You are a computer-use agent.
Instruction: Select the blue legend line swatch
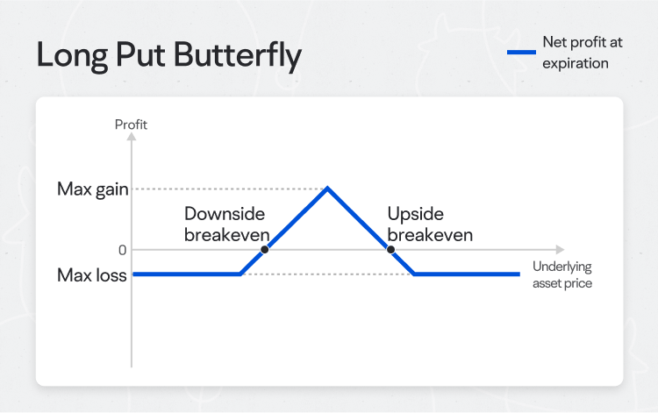522,53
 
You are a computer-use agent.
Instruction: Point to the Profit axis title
131,125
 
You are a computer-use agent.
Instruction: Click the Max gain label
92,189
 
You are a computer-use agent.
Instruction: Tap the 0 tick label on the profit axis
123,250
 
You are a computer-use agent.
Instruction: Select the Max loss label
92,275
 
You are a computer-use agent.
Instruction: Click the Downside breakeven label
224,224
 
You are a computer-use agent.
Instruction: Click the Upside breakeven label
430,224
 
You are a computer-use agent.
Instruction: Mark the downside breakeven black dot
265,250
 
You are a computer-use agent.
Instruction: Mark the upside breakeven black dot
390,250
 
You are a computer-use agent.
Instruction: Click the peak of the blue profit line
327,188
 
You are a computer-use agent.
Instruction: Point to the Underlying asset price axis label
562,274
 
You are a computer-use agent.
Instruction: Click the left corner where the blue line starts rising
240,274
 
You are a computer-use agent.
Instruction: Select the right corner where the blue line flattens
415,274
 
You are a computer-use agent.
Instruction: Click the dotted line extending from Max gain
228,189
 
